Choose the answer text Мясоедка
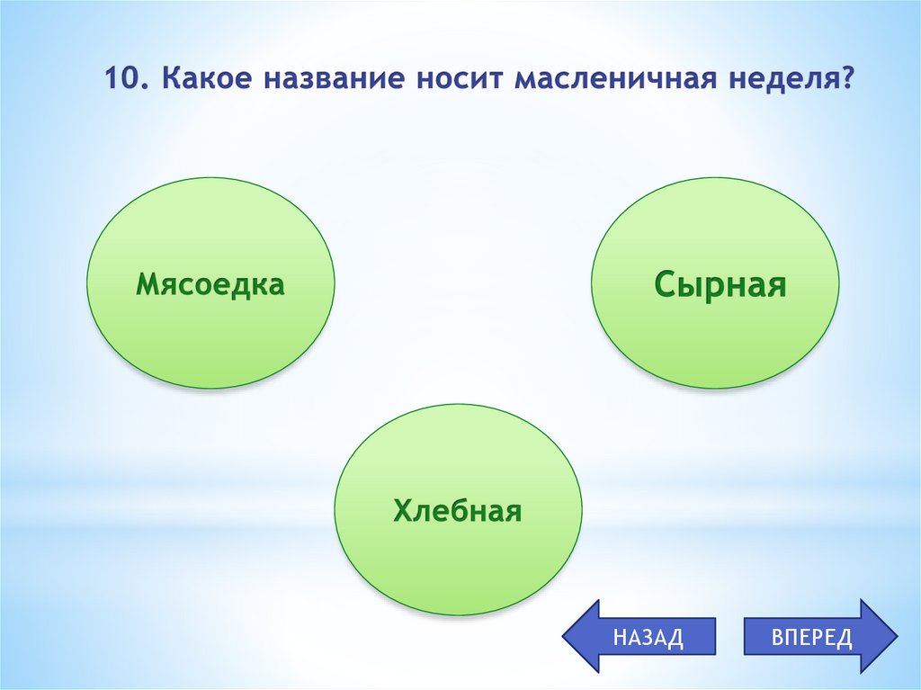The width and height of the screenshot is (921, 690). (210, 285)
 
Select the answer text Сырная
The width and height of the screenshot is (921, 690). (720, 285)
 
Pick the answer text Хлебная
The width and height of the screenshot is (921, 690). (457, 512)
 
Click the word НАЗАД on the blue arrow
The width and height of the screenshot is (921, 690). (648, 638)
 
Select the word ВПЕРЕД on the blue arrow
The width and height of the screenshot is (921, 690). (810, 638)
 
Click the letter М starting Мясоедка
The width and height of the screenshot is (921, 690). (147, 285)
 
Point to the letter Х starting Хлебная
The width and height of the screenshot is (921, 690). (401, 512)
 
